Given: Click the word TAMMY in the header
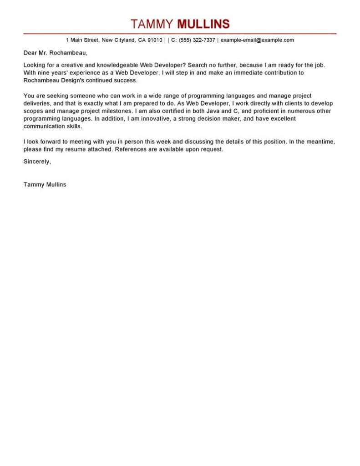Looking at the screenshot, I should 152,24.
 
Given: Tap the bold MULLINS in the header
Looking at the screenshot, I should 203,24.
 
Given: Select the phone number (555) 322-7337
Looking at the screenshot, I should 197,40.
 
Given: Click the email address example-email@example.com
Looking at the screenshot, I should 257,40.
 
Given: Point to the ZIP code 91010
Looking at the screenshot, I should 154,40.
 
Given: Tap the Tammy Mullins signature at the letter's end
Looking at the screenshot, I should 45,184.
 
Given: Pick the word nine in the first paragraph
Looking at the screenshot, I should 44,73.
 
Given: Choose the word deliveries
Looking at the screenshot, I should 37,104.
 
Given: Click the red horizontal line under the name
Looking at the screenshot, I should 180,34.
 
